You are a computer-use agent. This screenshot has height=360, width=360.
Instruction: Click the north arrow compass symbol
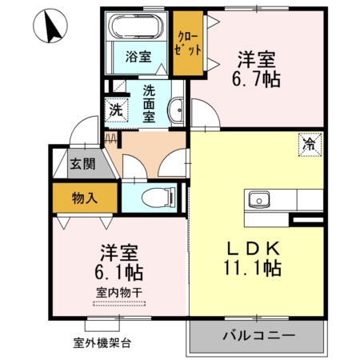[50, 26]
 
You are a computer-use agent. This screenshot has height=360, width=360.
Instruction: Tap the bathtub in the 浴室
[136, 26]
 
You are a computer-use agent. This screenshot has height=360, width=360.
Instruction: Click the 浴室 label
[138, 57]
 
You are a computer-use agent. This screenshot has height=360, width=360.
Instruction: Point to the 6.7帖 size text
[256, 79]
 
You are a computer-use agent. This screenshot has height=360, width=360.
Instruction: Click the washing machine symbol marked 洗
[116, 110]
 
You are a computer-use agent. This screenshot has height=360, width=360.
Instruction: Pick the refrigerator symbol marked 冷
[310, 144]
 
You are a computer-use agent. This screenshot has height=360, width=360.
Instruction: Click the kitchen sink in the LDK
[259, 200]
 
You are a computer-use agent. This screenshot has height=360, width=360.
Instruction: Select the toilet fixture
[158, 198]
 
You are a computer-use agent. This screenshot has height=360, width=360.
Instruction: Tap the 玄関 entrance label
[82, 164]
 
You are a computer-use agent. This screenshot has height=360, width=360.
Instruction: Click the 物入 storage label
[84, 198]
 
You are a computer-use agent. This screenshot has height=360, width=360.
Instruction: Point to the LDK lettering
[254, 248]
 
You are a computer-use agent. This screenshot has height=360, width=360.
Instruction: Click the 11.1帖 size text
[253, 268]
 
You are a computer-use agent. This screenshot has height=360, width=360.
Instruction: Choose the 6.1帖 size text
[119, 272]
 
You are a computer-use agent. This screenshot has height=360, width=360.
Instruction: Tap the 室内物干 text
[119, 293]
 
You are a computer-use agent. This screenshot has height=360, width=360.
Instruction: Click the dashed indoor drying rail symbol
[119, 303]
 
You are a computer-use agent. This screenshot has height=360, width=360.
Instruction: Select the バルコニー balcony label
[258, 335]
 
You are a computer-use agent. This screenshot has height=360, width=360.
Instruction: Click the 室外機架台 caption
[102, 343]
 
